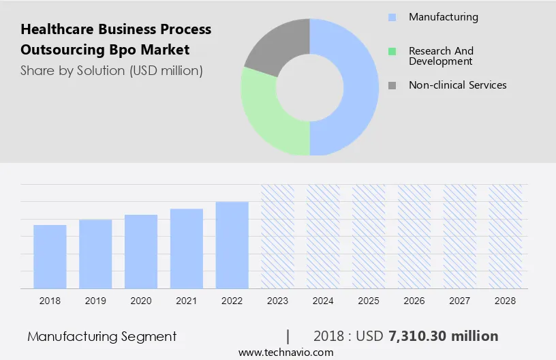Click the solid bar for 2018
(50, 256)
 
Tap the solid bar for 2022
(232, 245)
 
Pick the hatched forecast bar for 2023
(278, 236)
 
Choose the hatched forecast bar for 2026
(414, 236)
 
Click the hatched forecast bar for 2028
(506, 236)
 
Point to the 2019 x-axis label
(95, 301)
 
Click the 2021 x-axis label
(187, 301)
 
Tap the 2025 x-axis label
(369, 301)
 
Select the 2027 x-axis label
(460, 301)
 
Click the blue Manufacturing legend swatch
(392, 17)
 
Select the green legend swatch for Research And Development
(392, 51)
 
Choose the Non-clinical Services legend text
(457, 85)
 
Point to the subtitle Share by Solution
(73, 70)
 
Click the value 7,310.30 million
(443, 336)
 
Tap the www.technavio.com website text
(285, 352)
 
